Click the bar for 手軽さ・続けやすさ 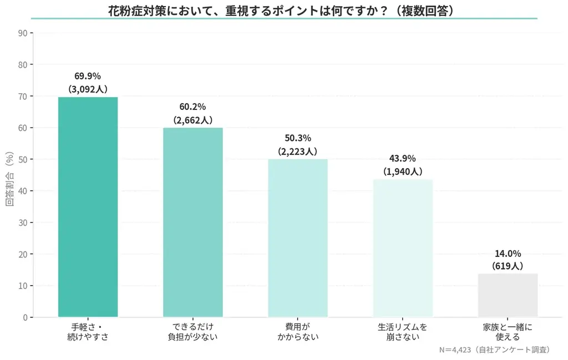pos(88,207)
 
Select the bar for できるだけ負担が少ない pos(192,222)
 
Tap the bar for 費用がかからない pos(297,238)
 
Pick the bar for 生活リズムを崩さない pos(403,248)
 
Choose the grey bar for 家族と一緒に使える pos(508,295)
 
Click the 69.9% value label pos(88,76)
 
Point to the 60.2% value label pos(192,107)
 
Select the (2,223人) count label pos(297,151)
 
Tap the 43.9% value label pos(403,158)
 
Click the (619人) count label pos(508,266)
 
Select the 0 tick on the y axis pos(25,318)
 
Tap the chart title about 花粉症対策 pos(284,10)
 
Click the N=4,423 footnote pos(494,350)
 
